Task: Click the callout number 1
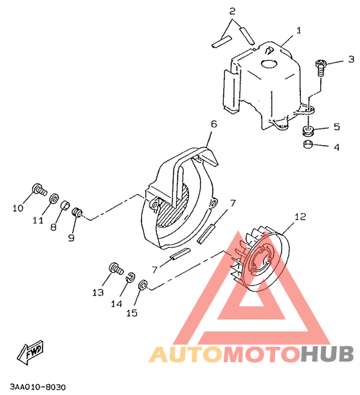[299, 30]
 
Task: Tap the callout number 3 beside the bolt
[351, 59]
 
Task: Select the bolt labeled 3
[320, 67]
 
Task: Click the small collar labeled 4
[307, 144]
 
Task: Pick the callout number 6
[214, 124]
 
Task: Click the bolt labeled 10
[39, 190]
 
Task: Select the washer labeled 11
[54, 198]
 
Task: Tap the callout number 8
[53, 227]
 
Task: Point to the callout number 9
[71, 237]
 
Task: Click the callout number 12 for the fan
[300, 216]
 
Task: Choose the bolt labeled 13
[116, 268]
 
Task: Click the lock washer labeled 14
[130, 277]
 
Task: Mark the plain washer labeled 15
[143, 285]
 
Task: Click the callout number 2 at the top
[232, 12]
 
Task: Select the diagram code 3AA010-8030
[38, 387]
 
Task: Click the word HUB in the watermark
[327, 354]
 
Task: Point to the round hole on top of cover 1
[269, 64]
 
